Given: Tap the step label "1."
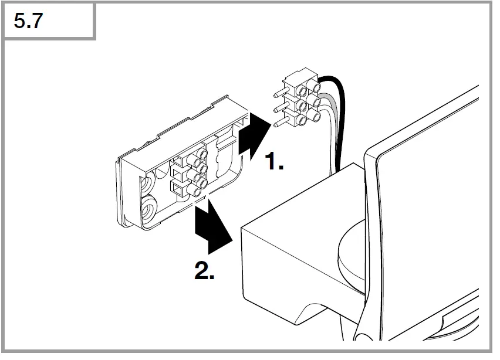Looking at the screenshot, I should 273,161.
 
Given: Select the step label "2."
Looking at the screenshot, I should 204,271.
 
